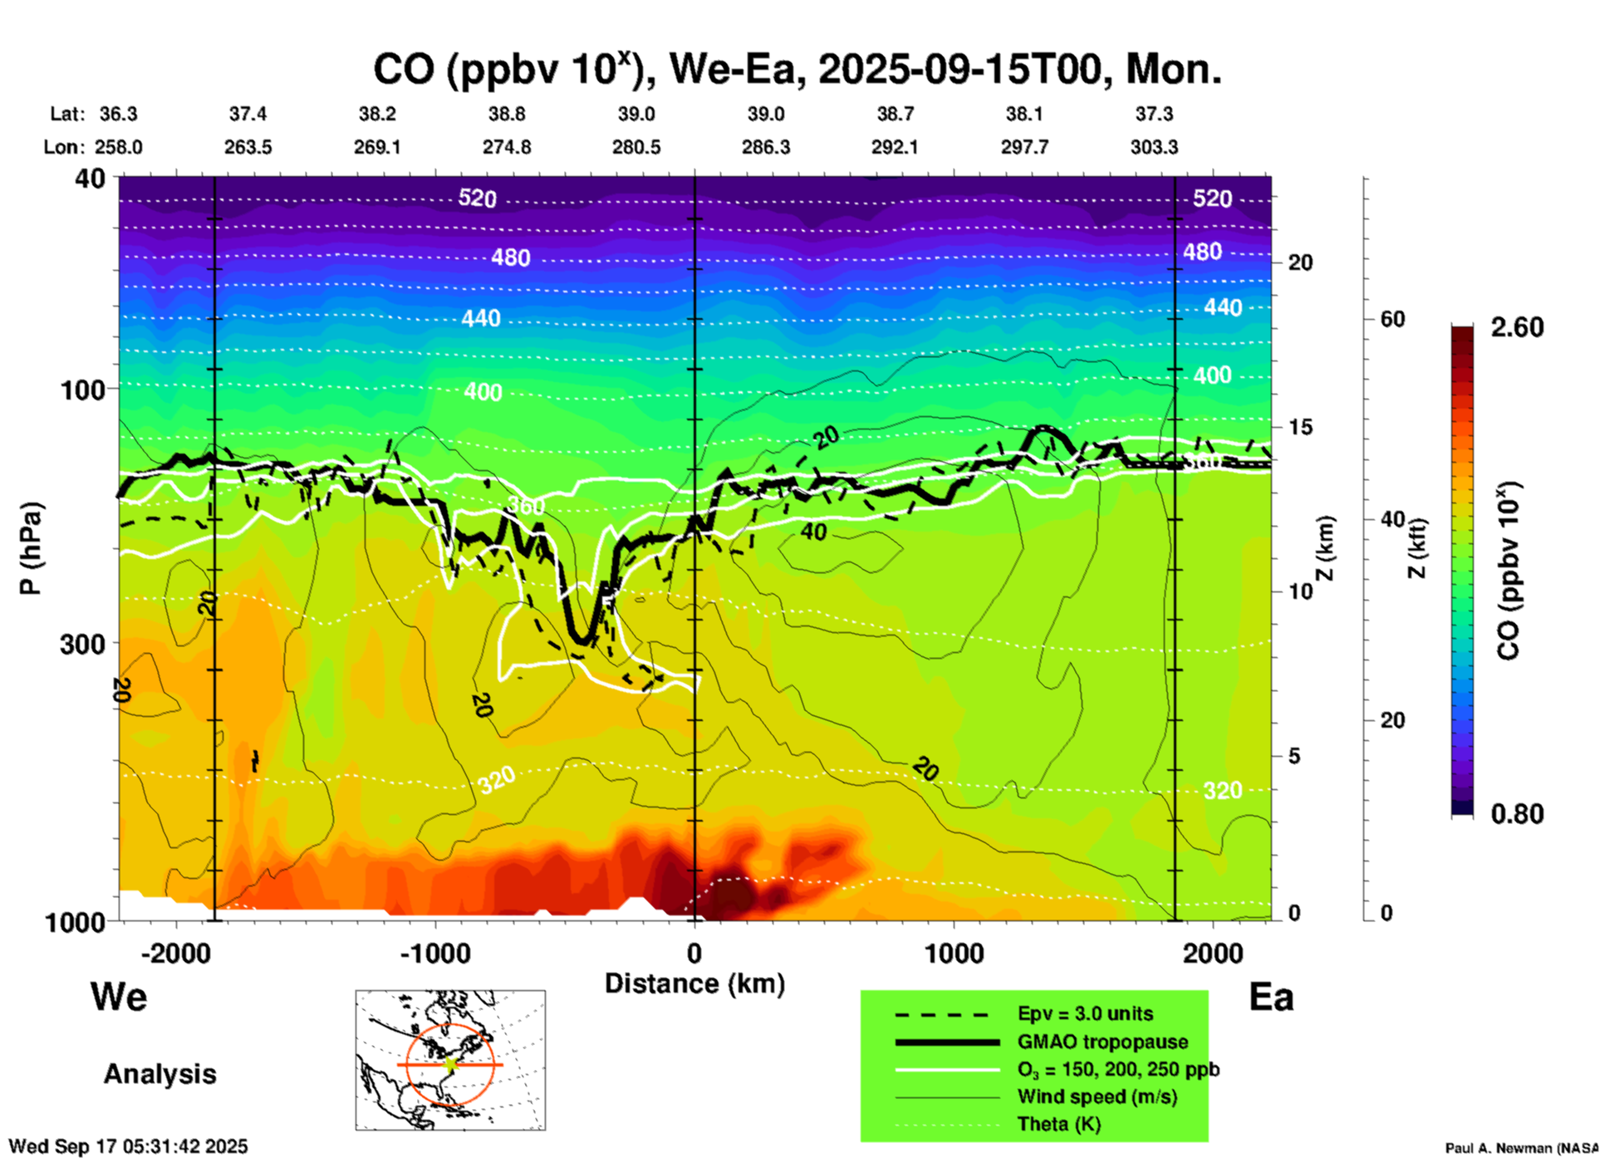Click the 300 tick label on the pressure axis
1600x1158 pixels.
click(82, 644)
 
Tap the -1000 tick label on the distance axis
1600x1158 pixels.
click(435, 954)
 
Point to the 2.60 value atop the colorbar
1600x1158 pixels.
click(1517, 327)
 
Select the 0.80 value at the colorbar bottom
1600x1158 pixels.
click(1517, 814)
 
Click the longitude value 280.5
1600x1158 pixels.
click(636, 147)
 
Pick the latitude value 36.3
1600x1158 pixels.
click(118, 114)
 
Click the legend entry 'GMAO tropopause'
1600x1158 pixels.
click(1102, 1042)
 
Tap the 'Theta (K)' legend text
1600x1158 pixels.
click(1058, 1125)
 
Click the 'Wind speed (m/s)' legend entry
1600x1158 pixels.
click(1097, 1097)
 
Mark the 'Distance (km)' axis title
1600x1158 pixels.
click(694, 984)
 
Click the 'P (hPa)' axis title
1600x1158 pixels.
click(31, 548)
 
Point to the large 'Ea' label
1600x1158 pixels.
click(1271, 997)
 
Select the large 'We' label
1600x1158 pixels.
click(119, 996)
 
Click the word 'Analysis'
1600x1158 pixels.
click(160, 1074)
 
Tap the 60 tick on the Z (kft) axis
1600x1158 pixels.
click(1392, 319)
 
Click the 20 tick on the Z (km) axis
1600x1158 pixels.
click(1300, 263)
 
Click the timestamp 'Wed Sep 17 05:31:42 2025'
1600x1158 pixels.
click(129, 1146)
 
